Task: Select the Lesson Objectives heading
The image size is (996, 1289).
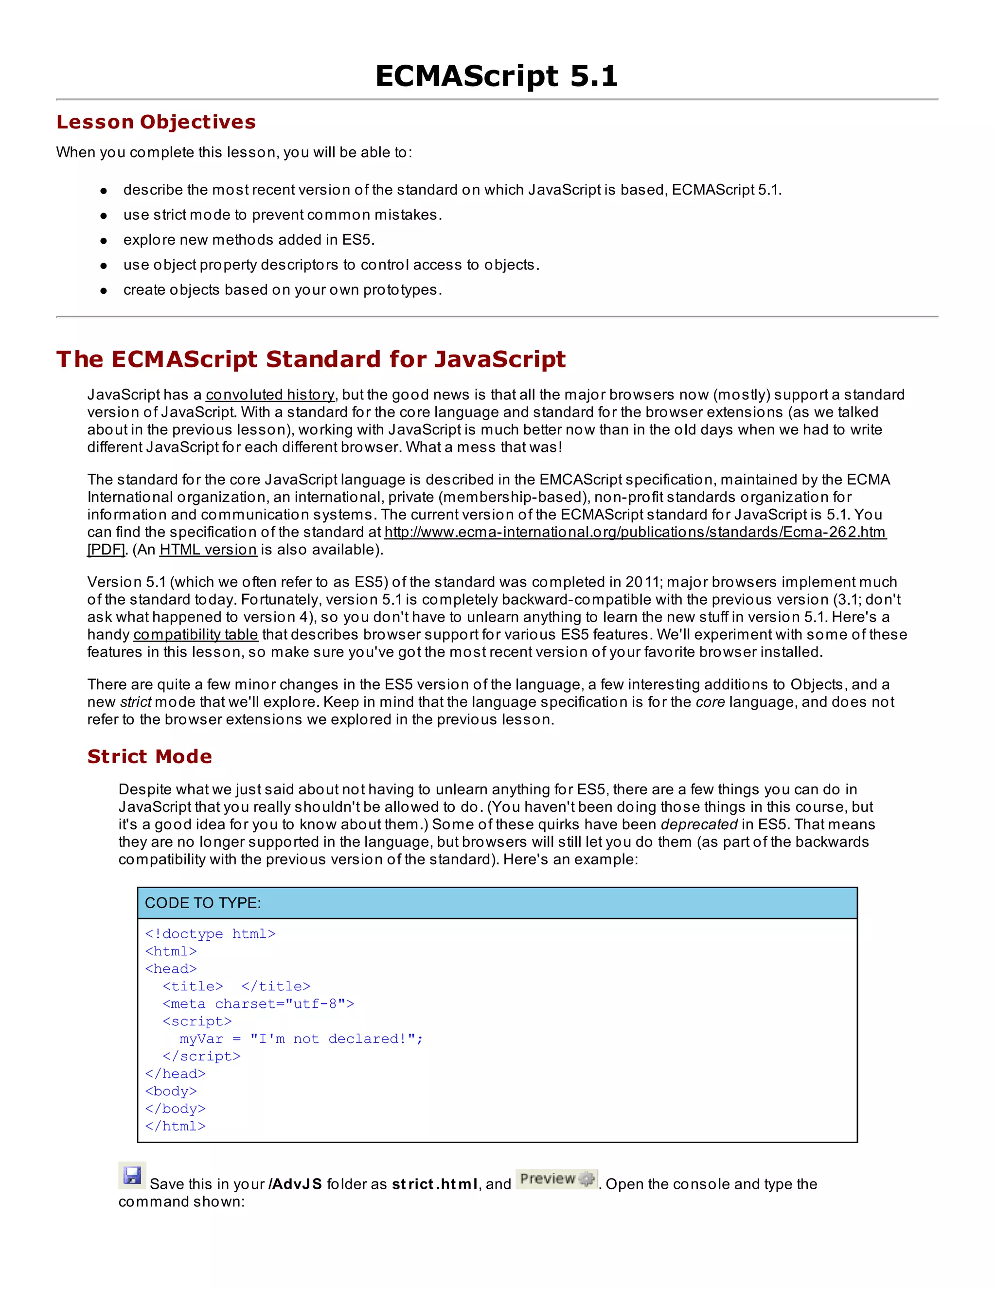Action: point(156,122)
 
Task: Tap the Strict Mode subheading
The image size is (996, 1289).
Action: point(149,757)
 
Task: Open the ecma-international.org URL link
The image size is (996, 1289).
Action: point(635,532)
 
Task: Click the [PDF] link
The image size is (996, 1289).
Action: point(106,550)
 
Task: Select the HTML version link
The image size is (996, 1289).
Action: point(208,550)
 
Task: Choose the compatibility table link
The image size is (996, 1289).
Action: point(196,635)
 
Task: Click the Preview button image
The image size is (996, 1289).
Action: point(556,1179)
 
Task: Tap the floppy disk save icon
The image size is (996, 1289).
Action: point(132,1175)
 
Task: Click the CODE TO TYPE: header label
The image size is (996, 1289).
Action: point(202,903)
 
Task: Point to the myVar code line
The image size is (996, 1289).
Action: point(301,1039)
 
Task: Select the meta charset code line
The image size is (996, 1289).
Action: point(258,1004)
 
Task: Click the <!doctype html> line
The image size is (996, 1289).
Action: point(210,934)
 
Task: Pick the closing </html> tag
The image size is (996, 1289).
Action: point(175,1126)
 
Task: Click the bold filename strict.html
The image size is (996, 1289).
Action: point(434,1184)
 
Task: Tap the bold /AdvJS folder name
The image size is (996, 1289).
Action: point(295,1184)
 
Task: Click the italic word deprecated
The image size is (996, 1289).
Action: point(699,824)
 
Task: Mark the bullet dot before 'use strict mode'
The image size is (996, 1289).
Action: point(104,216)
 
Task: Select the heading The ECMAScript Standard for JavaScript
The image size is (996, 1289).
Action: point(311,359)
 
